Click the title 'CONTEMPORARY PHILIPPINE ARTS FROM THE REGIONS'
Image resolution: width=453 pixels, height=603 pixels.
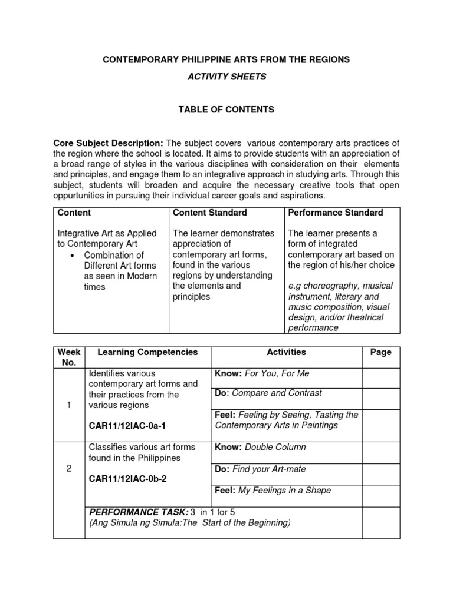(x=226, y=59)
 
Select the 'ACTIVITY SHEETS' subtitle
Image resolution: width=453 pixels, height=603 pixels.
(x=226, y=77)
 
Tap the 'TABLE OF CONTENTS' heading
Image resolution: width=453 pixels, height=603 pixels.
(x=226, y=110)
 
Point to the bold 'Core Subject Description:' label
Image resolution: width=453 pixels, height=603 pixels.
(x=109, y=143)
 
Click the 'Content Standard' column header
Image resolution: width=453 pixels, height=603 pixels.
(x=209, y=213)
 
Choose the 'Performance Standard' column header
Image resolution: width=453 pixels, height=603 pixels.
(x=335, y=213)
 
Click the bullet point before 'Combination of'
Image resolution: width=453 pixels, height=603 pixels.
(x=71, y=256)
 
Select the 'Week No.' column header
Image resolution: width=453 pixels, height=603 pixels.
(x=69, y=357)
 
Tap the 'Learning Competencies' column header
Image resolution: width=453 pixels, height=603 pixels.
(x=147, y=352)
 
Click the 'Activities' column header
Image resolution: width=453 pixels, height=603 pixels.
(x=286, y=352)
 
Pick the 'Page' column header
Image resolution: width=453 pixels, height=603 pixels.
(x=380, y=352)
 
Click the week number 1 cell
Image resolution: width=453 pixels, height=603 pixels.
(x=69, y=405)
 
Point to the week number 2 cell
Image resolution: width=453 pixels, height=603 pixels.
(x=69, y=468)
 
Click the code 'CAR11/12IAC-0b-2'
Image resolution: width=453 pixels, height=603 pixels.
(x=127, y=479)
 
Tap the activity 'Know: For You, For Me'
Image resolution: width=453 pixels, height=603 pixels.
(x=262, y=373)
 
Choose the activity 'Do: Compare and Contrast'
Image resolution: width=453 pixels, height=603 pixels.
(x=268, y=393)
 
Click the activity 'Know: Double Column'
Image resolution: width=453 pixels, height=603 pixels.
(x=260, y=447)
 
